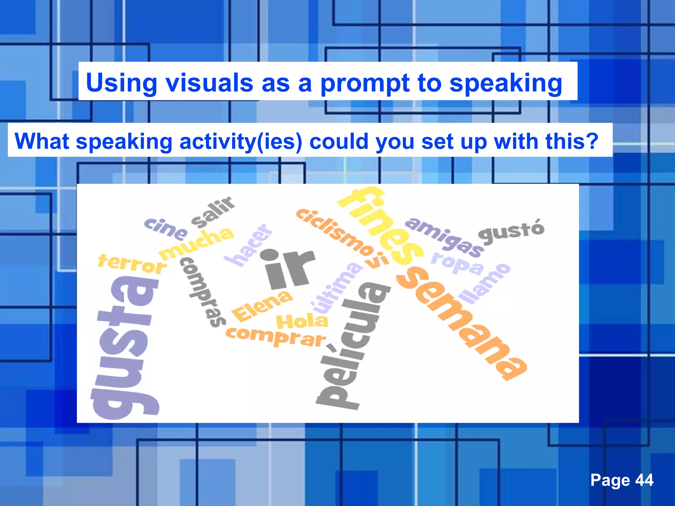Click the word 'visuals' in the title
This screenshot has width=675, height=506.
point(209,83)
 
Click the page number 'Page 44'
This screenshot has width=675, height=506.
point(622,480)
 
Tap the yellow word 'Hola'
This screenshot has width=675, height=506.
point(302,322)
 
